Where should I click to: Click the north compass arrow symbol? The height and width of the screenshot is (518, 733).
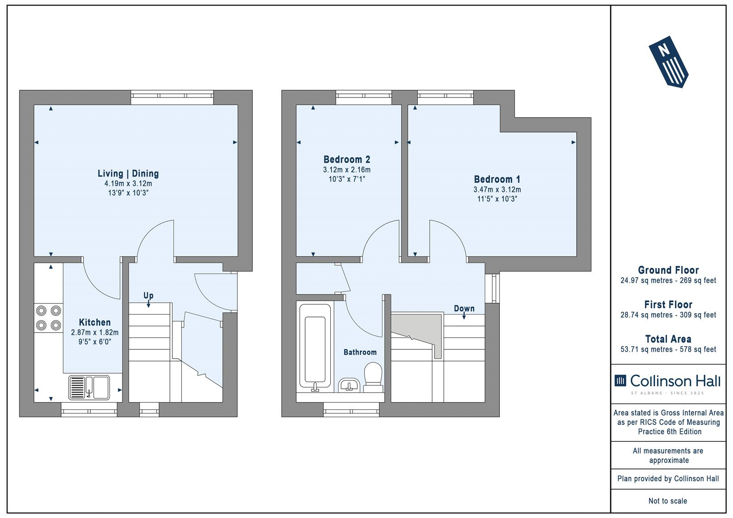point(668,62)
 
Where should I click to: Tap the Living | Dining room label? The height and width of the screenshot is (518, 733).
point(128,174)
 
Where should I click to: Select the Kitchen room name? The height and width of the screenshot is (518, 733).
point(95,322)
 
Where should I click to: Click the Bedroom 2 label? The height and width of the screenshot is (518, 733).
point(347,159)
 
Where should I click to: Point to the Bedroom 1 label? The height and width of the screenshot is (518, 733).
point(497,180)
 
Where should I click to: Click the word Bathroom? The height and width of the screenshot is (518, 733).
point(360,352)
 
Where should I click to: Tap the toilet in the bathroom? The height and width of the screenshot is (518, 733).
point(373,377)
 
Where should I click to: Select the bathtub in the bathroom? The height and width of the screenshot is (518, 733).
point(315,348)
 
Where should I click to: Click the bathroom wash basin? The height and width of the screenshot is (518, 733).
point(349,385)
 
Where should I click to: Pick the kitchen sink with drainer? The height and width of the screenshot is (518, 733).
point(89,388)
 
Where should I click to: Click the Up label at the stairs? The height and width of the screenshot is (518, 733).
point(148,295)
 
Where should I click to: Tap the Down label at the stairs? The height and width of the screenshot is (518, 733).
point(464,308)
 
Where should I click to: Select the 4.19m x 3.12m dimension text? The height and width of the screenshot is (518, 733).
point(128,184)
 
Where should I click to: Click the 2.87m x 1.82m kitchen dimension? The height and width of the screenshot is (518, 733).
point(95,333)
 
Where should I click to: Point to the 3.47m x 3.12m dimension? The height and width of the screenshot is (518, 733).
point(497,190)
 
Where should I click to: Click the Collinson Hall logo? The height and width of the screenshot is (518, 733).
point(667,384)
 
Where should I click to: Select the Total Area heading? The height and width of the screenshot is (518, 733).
point(668,339)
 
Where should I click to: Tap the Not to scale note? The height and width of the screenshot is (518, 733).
point(668,501)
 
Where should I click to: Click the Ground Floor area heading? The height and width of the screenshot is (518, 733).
point(668,270)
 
